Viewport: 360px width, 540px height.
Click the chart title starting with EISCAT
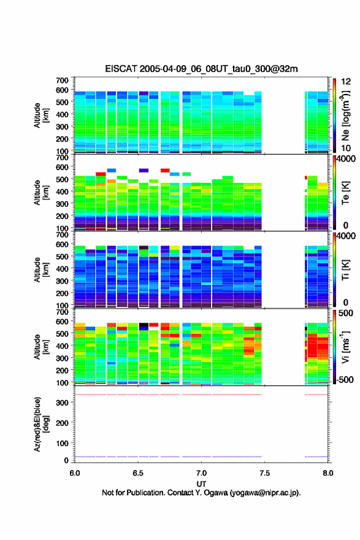[201, 69]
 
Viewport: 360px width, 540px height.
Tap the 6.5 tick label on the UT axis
[138, 473]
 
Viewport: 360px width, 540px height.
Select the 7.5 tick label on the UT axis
[265, 473]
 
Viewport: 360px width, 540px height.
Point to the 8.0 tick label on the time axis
[328, 473]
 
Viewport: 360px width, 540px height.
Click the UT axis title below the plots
[201, 484]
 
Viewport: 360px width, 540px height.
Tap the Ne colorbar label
[345, 116]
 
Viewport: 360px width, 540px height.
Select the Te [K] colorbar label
[345, 193]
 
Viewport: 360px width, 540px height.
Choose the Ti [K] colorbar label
[345, 270]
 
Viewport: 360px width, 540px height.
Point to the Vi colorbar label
[345, 347]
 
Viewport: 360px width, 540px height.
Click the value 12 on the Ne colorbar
[346, 82]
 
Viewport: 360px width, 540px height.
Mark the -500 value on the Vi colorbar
[345, 380]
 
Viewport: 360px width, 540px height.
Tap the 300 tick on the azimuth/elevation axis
[63, 403]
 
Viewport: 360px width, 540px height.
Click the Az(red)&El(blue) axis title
[41, 424]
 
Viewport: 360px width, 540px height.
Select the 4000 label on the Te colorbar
[346, 159]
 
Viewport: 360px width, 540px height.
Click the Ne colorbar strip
[334, 115]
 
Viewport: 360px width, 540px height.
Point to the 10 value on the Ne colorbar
[346, 148]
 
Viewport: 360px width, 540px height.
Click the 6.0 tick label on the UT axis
[75, 473]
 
